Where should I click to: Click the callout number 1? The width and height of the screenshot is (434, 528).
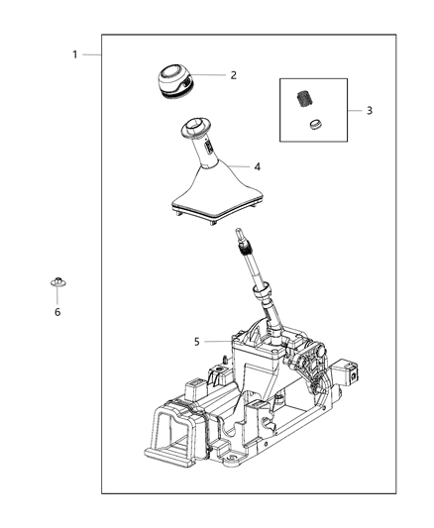[x=74, y=54]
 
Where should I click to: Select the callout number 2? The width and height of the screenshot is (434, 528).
[x=234, y=75]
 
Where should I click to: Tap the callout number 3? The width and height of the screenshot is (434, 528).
[x=370, y=110]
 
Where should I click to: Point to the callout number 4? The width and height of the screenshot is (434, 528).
[x=256, y=166]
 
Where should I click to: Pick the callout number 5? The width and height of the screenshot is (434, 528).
[x=196, y=342]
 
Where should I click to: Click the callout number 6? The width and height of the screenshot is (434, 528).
[x=56, y=312]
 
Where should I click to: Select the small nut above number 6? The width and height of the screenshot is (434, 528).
[x=56, y=285]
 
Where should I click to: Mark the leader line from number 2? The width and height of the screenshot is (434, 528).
[x=209, y=75]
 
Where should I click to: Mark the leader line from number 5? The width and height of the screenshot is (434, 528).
[x=219, y=342]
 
